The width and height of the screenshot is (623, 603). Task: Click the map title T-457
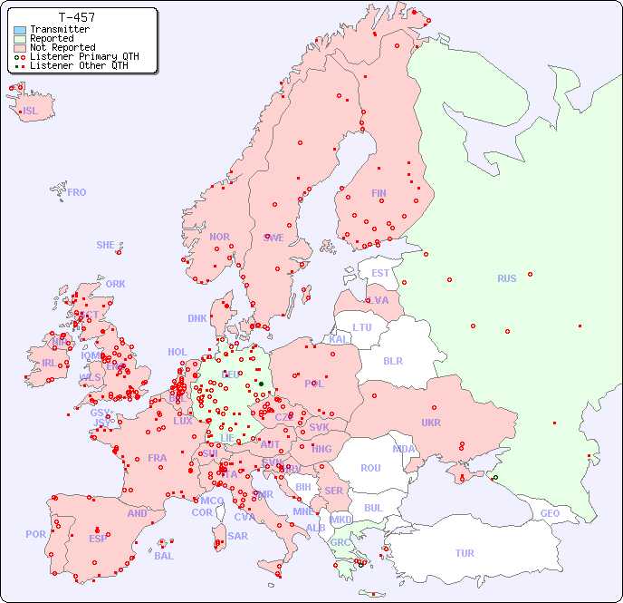pyautogui.click(x=76, y=17)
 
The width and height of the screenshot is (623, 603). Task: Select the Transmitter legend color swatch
pyautogui.click(x=20, y=30)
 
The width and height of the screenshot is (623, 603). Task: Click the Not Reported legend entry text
pyautogui.click(x=62, y=47)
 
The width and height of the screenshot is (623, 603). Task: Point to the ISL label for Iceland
pyautogui.click(x=31, y=112)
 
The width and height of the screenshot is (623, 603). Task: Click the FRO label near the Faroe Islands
pyautogui.click(x=77, y=192)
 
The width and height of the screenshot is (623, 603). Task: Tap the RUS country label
pyautogui.click(x=506, y=278)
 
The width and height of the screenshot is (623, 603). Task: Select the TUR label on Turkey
pyautogui.click(x=465, y=553)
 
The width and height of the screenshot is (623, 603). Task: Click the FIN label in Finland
pyautogui.click(x=379, y=193)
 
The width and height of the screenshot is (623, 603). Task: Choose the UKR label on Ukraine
pyautogui.click(x=430, y=423)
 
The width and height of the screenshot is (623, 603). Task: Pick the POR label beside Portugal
pyautogui.click(x=35, y=534)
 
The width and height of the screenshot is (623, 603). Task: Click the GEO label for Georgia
pyautogui.click(x=550, y=513)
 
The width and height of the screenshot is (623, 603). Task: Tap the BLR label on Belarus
pyautogui.click(x=392, y=360)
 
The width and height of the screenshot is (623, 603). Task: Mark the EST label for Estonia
pyautogui.click(x=380, y=273)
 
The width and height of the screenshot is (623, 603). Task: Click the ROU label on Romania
pyautogui.click(x=370, y=468)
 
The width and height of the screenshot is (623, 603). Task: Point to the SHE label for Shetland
pyautogui.click(x=106, y=245)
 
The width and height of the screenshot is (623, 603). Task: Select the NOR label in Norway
pyautogui.click(x=219, y=237)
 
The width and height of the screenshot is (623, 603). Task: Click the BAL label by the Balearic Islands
pyautogui.click(x=163, y=556)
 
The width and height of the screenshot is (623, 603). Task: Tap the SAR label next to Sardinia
pyautogui.click(x=237, y=536)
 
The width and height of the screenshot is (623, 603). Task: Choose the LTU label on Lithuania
pyautogui.click(x=362, y=327)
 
